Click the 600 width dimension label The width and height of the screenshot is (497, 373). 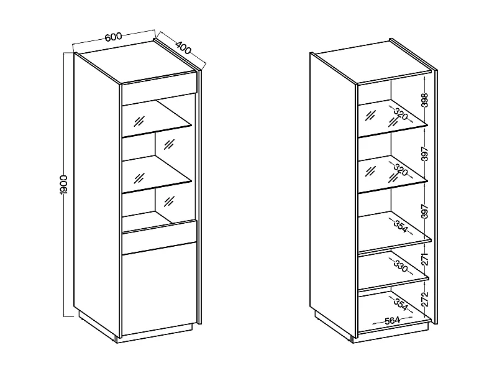coord(112,37)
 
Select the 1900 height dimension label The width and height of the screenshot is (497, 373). coord(63,186)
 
